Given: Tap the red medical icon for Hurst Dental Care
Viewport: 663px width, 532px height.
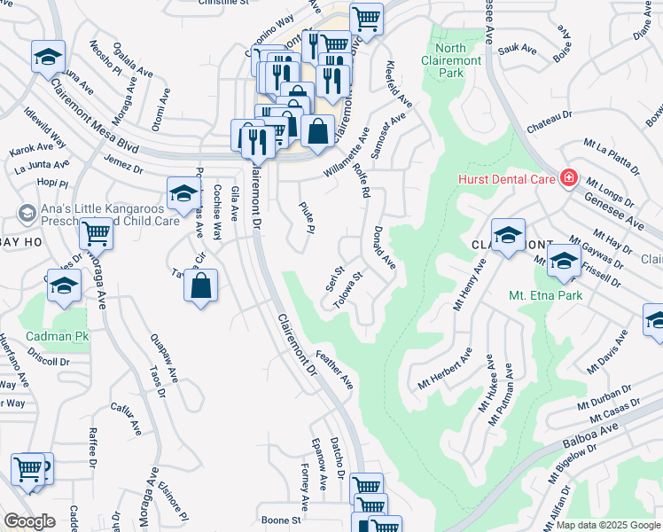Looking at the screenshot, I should (x=568, y=178).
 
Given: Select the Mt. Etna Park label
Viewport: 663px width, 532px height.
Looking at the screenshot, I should (x=545, y=295).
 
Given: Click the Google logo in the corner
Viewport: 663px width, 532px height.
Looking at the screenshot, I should (x=29, y=521).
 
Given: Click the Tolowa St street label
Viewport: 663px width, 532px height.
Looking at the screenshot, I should (x=348, y=291).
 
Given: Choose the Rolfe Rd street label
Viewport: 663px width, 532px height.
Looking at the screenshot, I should (x=363, y=175).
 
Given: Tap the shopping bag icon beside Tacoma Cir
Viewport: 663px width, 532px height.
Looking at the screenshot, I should (x=201, y=286).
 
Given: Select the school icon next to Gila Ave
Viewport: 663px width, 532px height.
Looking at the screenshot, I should (x=183, y=192).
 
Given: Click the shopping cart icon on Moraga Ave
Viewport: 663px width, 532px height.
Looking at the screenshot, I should (x=95, y=234).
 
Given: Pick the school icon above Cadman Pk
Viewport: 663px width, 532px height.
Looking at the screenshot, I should (x=63, y=286).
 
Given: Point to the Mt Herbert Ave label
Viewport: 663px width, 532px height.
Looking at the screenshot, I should (x=447, y=372).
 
